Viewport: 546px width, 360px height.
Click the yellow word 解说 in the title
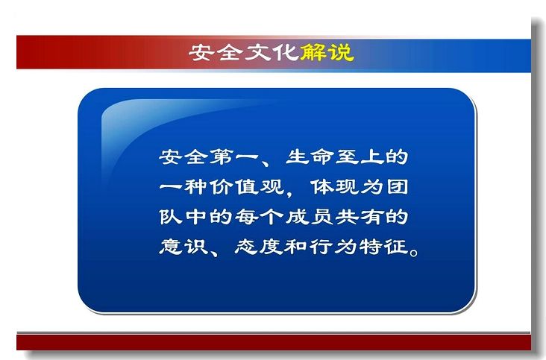click(327, 52)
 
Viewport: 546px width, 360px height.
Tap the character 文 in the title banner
click(258, 52)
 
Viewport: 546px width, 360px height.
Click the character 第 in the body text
click(221, 157)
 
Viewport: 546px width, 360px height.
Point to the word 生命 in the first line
click(310, 157)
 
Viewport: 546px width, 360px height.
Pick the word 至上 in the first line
click(360, 157)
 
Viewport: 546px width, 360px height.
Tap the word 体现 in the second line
click(334, 187)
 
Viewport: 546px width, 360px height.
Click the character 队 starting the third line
click(171, 217)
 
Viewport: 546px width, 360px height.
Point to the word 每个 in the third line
click(259, 217)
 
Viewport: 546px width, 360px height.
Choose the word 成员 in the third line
click(310, 217)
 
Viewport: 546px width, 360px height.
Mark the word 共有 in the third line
click(360, 217)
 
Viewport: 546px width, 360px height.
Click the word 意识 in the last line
click(183, 247)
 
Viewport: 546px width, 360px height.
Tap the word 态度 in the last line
click(259, 247)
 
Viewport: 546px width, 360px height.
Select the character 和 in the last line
click(296, 247)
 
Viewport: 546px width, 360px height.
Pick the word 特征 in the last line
click(384, 247)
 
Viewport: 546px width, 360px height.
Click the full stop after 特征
click(414, 252)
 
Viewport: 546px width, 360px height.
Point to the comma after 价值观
click(289, 193)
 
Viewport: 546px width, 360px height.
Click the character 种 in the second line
click(195, 187)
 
